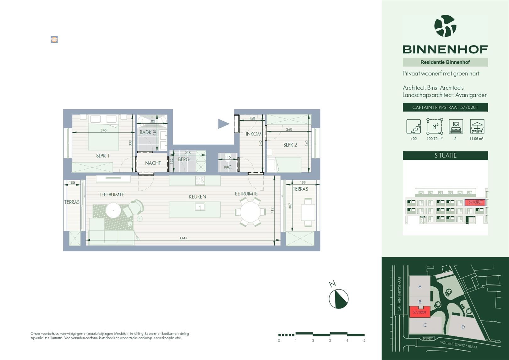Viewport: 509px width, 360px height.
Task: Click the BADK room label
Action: pyautogui.click(x=145, y=132)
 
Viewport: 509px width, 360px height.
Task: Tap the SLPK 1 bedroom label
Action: pyautogui.click(x=102, y=156)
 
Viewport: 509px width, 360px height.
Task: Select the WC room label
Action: pyautogui.click(x=227, y=167)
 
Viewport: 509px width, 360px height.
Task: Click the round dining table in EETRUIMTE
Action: pyautogui.click(x=250, y=212)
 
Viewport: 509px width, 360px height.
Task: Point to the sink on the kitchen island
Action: pyautogui.click(x=200, y=207)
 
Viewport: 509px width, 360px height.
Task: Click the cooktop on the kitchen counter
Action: pyautogui.click(x=200, y=180)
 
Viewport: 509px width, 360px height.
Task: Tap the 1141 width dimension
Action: pyautogui.click(x=183, y=238)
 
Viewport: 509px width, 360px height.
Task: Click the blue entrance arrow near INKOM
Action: pyautogui.click(x=223, y=124)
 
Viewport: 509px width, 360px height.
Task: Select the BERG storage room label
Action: pyautogui.click(x=183, y=159)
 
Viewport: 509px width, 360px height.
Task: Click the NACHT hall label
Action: pyautogui.click(x=153, y=163)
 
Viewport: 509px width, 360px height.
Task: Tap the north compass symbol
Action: pyautogui.click(x=338, y=298)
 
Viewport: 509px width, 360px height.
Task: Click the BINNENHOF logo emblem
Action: pyautogui.click(x=445, y=26)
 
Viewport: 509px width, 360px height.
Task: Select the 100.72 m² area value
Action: pyautogui.click(x=435, y=139)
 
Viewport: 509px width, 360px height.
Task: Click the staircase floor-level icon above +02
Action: pyautogui.click(x=413, y=126)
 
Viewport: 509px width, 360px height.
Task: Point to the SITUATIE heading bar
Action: pyautogui.click(x=445, y=156)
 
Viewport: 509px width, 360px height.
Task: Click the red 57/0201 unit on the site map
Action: pyautogui.click(x=420, y=312)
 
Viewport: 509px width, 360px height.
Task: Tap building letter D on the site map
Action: pyautogui.click(x=463, y=327)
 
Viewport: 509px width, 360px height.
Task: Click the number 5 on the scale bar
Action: pyautogui.click(x=364, y=341)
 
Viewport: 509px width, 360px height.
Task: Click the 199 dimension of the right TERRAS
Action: pyautogui.click(x=303, y=182)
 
